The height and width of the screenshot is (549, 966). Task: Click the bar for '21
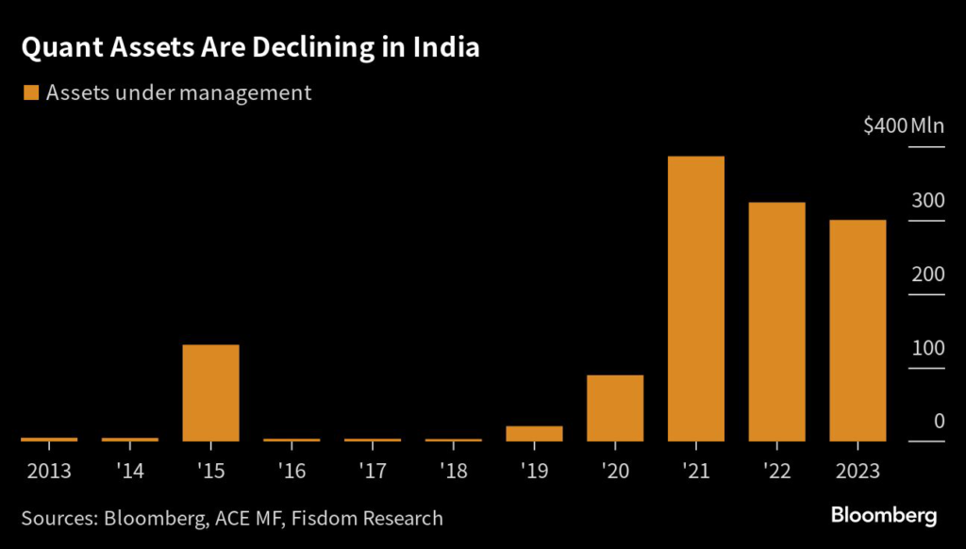pos(695,298)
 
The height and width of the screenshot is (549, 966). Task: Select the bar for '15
pos(210,392)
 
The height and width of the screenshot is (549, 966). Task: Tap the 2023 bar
pos(858,330)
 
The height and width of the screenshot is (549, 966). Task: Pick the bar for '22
pos(776,322)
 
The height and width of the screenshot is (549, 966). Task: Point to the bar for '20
pos(615,408)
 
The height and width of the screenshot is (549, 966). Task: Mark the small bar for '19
pos(534,433)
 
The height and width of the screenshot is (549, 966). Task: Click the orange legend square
pos(30,92)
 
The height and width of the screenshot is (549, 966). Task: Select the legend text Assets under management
pos(178,92)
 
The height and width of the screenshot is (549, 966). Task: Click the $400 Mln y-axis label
pos(904,126)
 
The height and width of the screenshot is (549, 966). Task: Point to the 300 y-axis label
pos(927,200)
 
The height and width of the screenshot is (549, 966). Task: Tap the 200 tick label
pos(927,274)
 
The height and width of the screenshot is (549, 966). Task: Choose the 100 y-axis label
pos(927,347)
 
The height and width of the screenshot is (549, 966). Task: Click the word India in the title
pos(441,49)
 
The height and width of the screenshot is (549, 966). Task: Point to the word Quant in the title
pos(57,49)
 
